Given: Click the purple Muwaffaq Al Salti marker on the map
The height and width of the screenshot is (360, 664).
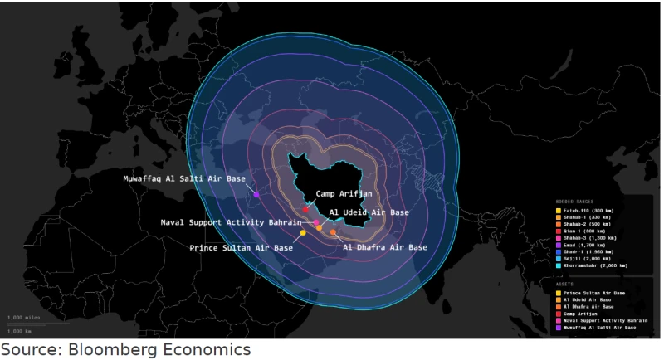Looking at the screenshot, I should [x=256, y=195].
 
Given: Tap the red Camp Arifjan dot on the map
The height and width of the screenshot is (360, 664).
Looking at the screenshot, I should [x=306, y=209].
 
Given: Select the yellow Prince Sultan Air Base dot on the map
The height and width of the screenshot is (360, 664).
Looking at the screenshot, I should [x=303, y=233].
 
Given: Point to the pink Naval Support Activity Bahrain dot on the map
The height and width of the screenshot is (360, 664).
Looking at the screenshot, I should [x=316, y=223].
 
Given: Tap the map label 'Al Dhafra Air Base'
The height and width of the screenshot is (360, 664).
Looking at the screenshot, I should [x=385, y=247].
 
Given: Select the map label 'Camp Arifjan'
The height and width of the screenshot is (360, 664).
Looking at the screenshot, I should [x=344, y=193].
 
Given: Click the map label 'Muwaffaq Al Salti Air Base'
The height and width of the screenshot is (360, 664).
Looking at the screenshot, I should [x=184, y=178].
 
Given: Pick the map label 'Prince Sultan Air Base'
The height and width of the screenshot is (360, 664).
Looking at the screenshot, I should [x=241, y=247].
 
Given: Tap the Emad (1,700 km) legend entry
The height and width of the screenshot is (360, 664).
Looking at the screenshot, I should [x=585, y=245].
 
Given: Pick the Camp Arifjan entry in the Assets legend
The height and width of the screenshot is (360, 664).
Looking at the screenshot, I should [x=582, y=313].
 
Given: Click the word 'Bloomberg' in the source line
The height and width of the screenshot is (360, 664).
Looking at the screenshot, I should [x=103, y=350].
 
